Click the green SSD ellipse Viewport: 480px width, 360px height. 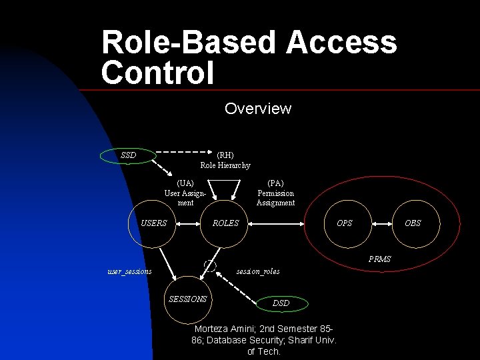[128, 156]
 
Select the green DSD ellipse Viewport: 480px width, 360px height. [281, 303]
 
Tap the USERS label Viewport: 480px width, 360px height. [154, 223]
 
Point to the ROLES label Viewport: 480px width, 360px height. [225, 223]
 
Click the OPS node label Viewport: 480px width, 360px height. [345, 223]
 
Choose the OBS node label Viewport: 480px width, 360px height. [413, 223]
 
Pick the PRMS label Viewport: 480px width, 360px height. [381, 259]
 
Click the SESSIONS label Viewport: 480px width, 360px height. [187, 299]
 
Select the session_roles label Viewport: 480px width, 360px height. [258, 271]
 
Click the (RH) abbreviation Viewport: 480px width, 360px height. [225, 155]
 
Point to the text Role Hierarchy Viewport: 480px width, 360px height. [225, 165]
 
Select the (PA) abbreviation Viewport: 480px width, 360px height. [275, 183]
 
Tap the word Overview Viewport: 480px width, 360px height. [258, 108]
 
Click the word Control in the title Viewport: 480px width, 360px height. [158, 73]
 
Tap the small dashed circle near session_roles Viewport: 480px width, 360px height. [210, 265]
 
